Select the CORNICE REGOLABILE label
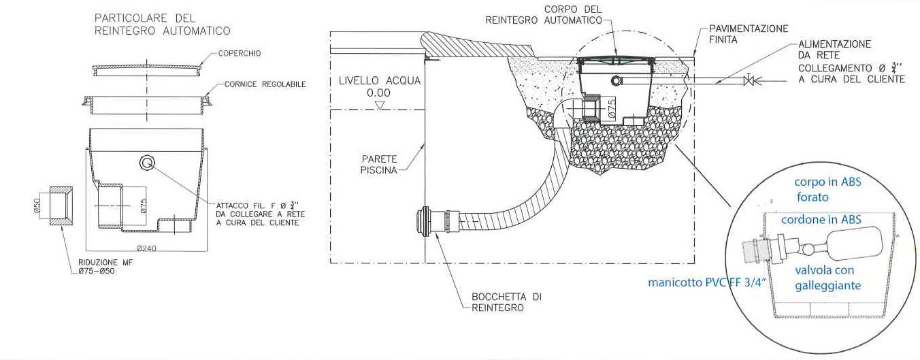(265, 84)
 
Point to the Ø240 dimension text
(146, 247)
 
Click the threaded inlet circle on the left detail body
(147, 163)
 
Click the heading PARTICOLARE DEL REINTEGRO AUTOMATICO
(162, 24)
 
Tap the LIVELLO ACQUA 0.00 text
(380, 86)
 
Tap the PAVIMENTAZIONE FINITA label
(748, 34)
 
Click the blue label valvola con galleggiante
(827, 278)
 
